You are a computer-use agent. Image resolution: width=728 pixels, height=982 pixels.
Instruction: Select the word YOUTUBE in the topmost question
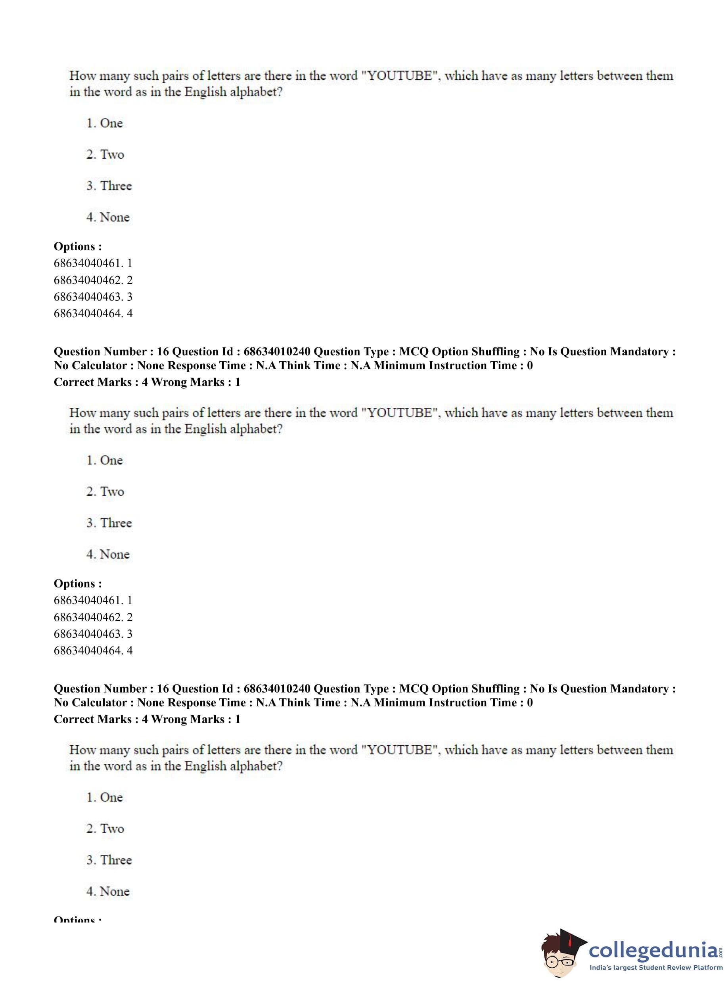(400, 76)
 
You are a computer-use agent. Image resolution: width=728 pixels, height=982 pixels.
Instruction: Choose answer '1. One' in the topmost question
(104, 123)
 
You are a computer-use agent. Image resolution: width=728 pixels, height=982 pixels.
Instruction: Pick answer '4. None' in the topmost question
(108, 217)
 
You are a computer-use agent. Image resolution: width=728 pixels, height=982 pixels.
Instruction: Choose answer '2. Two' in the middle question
(105, 491)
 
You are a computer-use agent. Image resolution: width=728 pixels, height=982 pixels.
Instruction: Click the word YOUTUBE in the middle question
(400, 413)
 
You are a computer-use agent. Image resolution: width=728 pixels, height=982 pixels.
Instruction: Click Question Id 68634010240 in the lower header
(277, 689)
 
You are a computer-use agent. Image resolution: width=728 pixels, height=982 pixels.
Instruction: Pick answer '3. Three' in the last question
(109, 860)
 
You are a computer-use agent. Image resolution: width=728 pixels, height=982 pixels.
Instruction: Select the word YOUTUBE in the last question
(400, 750)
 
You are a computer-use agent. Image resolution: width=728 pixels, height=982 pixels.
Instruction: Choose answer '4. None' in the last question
(108, 891)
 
